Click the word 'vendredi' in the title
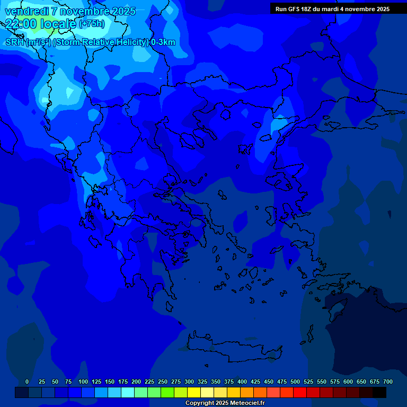click(x=26, y=11)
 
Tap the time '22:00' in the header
click(x=21, y=24)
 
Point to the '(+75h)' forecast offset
click(x=92, y=24)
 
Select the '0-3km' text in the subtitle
click(x=163, y=42)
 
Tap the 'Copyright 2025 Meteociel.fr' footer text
click(x=225, y=403)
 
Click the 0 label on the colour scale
click(x=27, y=382)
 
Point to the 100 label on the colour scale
click(x=83, y=382)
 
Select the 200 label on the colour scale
click(x=136, y=382)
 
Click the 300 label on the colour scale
click(x=189, y=382)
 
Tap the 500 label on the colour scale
click(x=295, y=382)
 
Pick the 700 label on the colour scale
click(x=388, y=382)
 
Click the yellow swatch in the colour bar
click(x=194, y=392)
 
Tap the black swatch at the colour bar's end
click(x=379, y=392)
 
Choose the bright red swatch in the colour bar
click(x=300, y=392)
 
